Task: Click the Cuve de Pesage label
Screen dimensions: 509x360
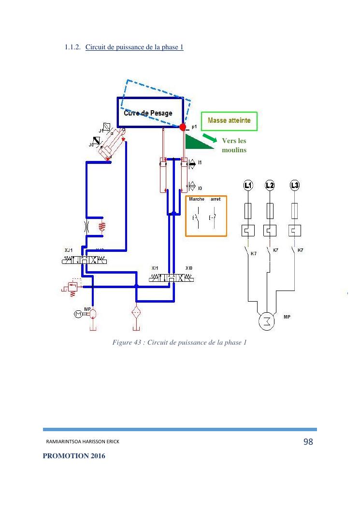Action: coord(148,113)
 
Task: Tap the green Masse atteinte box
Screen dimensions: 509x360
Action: coord(229,121)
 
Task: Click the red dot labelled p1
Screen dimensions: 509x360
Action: coord(183,127)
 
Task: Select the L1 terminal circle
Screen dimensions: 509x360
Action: coord(248,185)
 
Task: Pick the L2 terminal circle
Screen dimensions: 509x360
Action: coord(270,185)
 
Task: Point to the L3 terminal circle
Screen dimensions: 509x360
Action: coord(294,185)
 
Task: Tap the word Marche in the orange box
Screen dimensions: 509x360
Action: coord(197,199)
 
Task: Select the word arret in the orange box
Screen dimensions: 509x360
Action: coord(216,199)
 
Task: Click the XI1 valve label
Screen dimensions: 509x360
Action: coord(155,268)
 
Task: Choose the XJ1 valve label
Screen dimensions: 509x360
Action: coord(69,250)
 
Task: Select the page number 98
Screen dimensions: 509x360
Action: coord(308,442)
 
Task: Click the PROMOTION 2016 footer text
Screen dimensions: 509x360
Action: coord(74,456)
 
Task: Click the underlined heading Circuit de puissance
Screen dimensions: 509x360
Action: coord(134,47)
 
